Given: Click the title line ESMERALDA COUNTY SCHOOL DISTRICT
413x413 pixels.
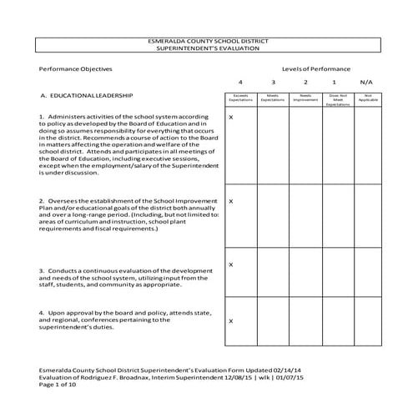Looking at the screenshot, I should coord(207,41).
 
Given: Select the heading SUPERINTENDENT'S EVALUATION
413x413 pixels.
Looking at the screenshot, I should coord(207,48).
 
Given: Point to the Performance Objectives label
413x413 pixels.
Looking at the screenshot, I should coord(76,68).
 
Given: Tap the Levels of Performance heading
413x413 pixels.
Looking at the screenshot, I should coord(316,68).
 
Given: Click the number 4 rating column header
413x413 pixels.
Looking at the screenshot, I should coord(240,83).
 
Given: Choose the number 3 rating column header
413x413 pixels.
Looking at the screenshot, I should coord(273,83).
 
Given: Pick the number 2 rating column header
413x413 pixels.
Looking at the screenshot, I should coord(305,83).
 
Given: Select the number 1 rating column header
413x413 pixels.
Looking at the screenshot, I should coord(334,83).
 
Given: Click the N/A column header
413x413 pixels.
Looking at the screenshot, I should coord(366,83).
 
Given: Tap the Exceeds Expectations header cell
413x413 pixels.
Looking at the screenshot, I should coord(240,98).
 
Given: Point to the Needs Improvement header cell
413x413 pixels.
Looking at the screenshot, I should coord(305,98).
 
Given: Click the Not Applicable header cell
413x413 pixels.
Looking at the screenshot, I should coord(366,98).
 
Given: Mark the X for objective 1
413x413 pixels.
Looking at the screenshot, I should coord(231,117).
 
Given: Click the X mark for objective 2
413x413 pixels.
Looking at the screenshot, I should coord(231,201).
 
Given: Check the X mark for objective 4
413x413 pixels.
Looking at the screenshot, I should coord(231,320).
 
